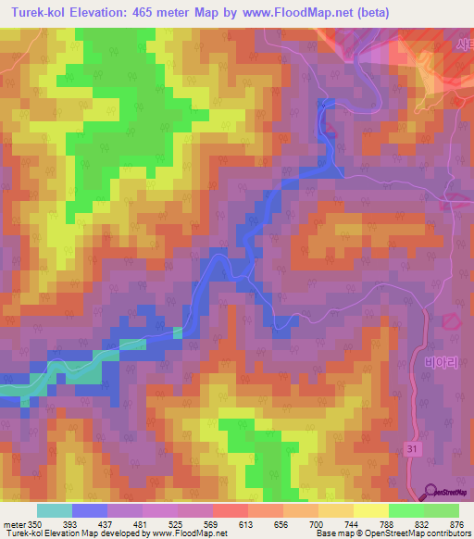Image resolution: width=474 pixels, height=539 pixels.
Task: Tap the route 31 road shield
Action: pyautogui.click(x=412, y=448)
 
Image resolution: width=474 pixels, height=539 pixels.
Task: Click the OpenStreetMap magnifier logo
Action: pyautogui.click(x=431, y=493)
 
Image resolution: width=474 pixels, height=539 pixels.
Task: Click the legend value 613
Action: pyautogui.click(x=245, y=523)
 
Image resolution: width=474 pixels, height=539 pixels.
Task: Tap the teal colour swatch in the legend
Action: pyautogui.click(x=55, y=510)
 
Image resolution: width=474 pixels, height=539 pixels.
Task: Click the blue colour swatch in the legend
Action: pyautogui.click(x=90, y=510)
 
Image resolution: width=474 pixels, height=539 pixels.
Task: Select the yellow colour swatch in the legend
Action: pyautogui.click(x=370, y=510)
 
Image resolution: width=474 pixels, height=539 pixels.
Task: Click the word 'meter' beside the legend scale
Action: pyautogui.click(x=16, y=523)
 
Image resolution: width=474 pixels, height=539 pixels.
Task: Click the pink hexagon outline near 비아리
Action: pyautogui.click(x=451, y=320)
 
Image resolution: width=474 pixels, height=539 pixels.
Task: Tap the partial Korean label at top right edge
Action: pyautogui.click(x=463, y=44)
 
